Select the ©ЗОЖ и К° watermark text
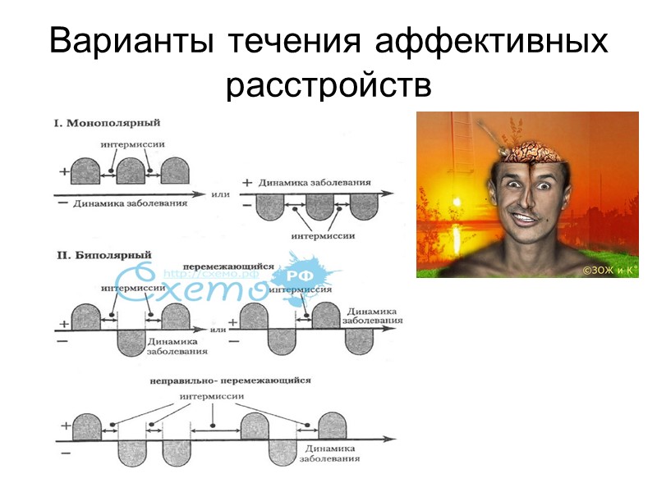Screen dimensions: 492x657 (609, 269)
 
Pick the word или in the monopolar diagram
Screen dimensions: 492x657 (219, 194)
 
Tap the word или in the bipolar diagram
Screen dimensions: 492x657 (218, 329)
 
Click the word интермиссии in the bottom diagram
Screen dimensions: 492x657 (216, 397)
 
